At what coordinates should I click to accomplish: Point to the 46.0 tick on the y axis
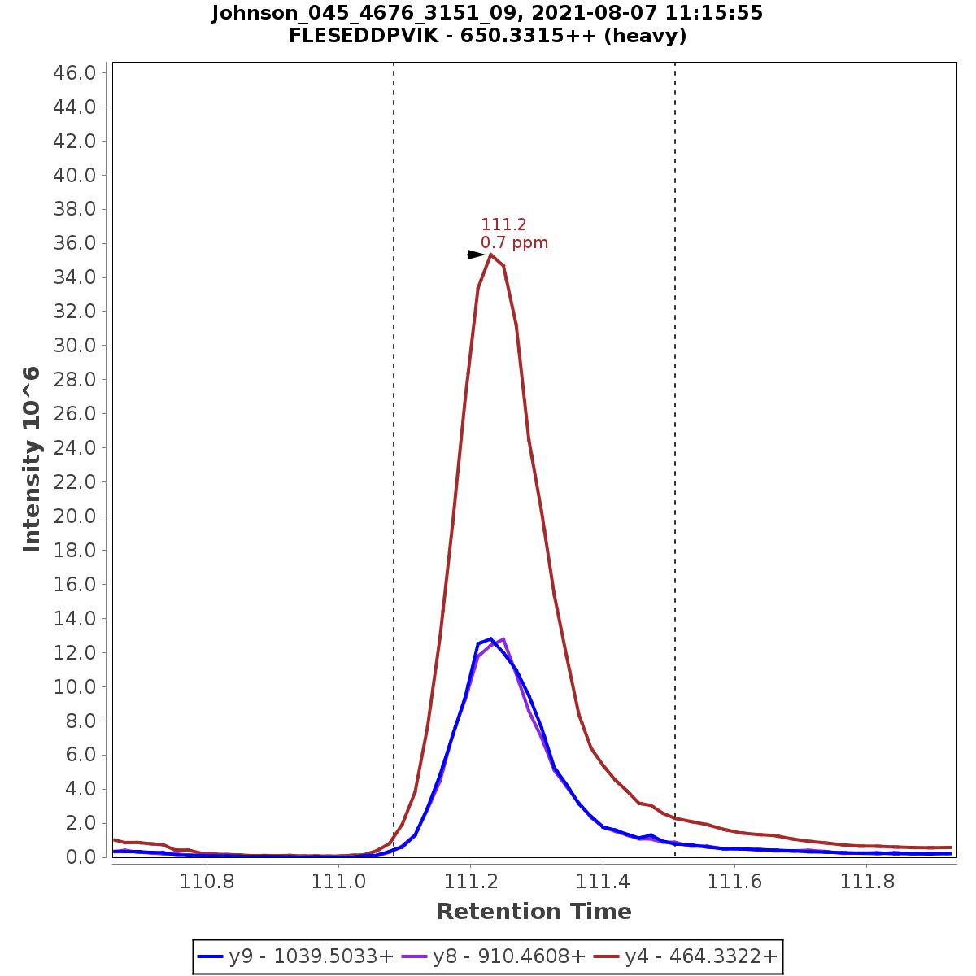click(75, 73)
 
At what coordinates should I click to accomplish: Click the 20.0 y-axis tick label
click(75, 516)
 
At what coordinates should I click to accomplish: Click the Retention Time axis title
click(534, 912)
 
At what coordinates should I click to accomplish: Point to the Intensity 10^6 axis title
click(33, 459)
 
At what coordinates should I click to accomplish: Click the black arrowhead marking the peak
click(476, 255)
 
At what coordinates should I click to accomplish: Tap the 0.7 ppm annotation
click(514, 243)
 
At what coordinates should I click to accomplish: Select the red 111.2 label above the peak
click(503, 224)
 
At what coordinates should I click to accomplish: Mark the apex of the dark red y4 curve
click(490, 255)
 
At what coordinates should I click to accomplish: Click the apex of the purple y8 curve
click(503, 639)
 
